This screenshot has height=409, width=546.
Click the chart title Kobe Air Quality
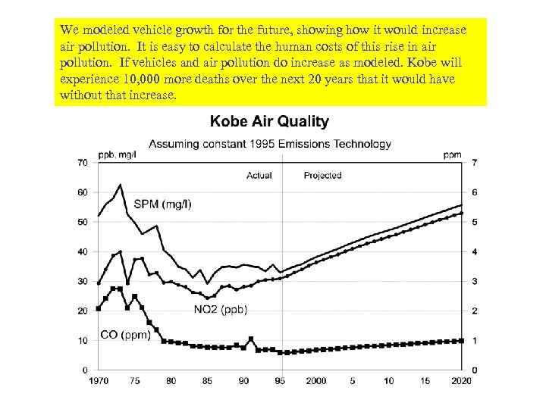[x=269, y=121]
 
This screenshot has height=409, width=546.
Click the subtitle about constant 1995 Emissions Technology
[x=270, y=143]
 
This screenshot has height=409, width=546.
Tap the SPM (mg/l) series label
[x=162, y=204]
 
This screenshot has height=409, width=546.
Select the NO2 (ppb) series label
[x=221, y=309]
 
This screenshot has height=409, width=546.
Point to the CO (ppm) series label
[x=126, y=336]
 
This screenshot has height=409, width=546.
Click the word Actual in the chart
[x=259, y=176]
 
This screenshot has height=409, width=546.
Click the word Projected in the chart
[x=322, y=176]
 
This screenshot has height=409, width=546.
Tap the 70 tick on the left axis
[x=81, y=163]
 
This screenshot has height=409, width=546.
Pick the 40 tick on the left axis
[x=81, y=251]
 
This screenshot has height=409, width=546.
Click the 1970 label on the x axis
[x=99, y=381]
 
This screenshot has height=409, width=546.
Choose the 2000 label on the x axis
[x=316, y=381]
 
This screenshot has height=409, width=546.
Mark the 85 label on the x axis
[x=207, y=381]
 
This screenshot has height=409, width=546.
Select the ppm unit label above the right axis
[x=453, y=155]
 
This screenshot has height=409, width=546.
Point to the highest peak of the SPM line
[x=120, y=185]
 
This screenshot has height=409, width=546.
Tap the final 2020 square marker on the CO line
[x=462, y=341]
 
